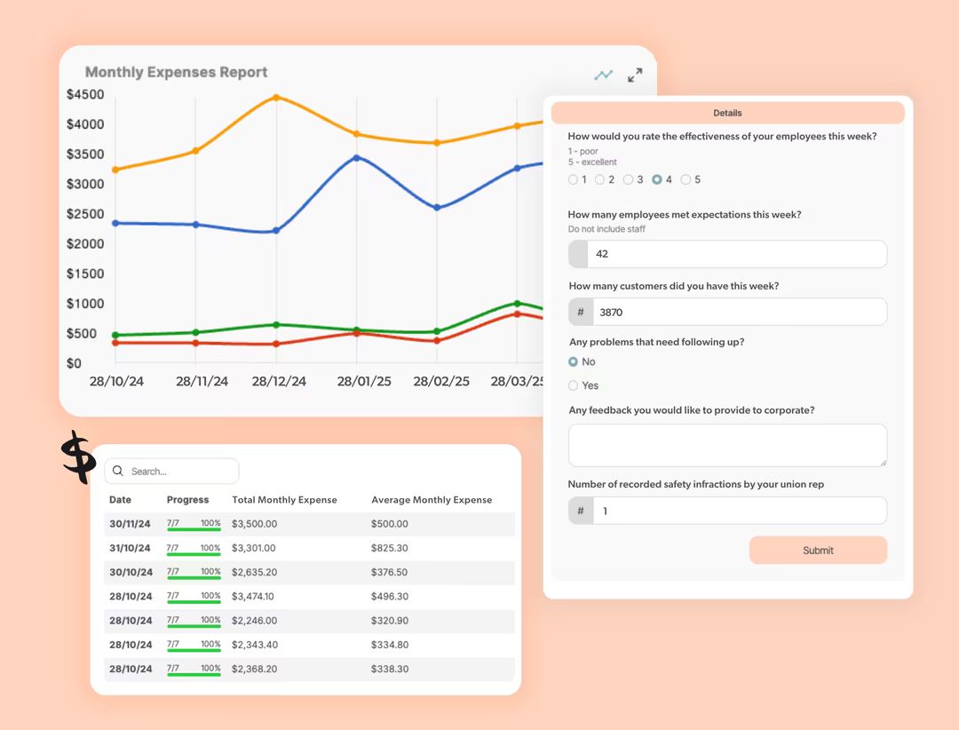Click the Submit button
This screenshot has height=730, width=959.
[818, 550]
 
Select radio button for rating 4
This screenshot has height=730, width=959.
[657, 179]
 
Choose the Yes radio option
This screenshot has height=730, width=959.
[573, 385]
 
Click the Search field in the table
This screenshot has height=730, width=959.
[171, 472]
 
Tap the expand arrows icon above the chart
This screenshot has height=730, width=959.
[635, 75]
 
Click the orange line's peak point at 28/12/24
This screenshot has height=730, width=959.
[276, 98]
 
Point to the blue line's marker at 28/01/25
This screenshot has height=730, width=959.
[357, 158]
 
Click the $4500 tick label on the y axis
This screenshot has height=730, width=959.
[85, 95]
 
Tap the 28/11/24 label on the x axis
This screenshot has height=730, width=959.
[202, 381]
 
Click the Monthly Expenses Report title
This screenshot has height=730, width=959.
[176, 72]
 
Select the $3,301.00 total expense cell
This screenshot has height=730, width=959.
[254, 548]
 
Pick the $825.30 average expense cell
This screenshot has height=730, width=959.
[390, 548]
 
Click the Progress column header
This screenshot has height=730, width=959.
[187, 500]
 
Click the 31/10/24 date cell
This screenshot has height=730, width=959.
[130, 548]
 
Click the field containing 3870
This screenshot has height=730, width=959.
[728, 312]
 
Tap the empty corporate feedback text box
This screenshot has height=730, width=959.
[728, 446]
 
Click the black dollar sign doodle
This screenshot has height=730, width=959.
[79, 456]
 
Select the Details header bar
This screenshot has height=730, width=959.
[728, 113]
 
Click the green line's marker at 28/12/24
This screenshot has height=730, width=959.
[276, 325]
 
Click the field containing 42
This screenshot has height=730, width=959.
[728, 254]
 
